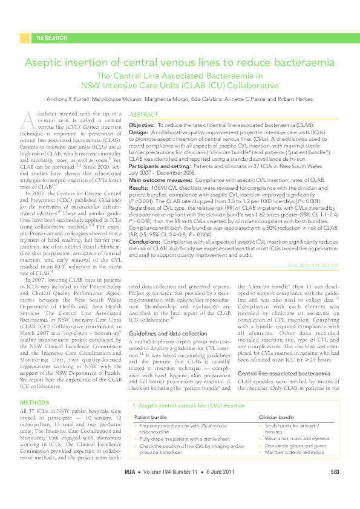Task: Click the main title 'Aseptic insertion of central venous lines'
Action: pyautogui.click(x=180, y=63)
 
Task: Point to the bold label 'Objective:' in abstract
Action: pyautogui.click(x=142, y=124)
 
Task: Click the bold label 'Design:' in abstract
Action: pyautogui.click(x=139, y=131)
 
